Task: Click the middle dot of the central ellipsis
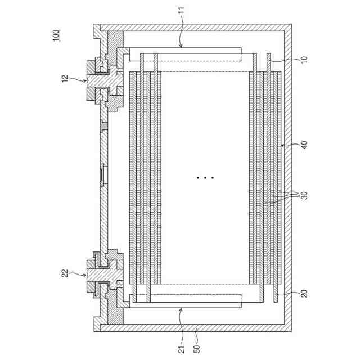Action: point(205,178)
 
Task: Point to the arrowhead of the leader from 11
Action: point(181,47)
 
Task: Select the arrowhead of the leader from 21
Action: point(181,308)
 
